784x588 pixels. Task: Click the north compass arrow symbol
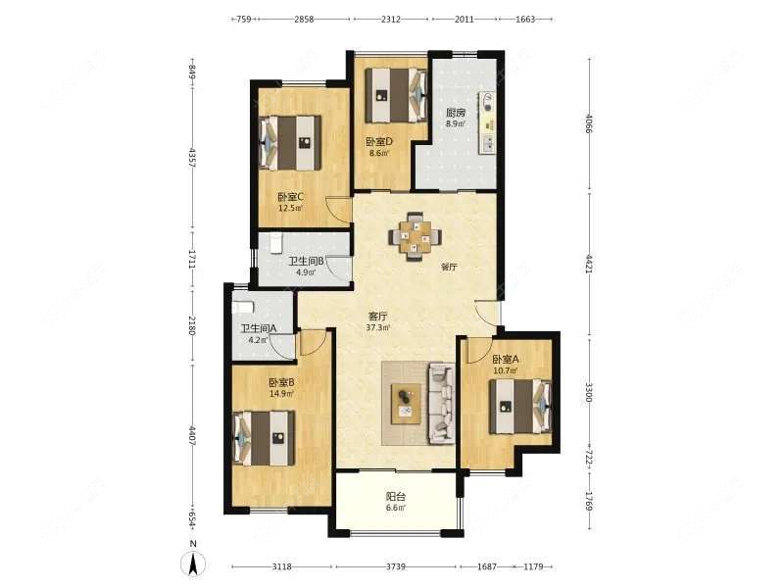click(194, 563)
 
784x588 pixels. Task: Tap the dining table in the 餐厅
click(415, 235)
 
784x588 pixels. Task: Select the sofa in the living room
click(441, 404)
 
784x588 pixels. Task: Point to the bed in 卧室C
click(290, 143)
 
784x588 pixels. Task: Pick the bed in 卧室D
click(396, 95)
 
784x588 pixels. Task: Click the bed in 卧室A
click(520, 407)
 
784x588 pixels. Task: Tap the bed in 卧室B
click(265, 438)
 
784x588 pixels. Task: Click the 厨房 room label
click(455, 113)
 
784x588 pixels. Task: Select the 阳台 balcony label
click(396, 497)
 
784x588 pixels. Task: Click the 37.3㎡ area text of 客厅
click(378, 328)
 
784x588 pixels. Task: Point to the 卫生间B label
click(307, 261)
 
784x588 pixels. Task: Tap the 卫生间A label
click(259, 328)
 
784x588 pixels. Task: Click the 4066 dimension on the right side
click(589, 123)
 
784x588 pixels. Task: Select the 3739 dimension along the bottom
click(396, 566)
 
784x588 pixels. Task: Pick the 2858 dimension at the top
click(304, 20)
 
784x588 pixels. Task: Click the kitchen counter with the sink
click(487, 122)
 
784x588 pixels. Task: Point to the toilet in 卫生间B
click(276, 243)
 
